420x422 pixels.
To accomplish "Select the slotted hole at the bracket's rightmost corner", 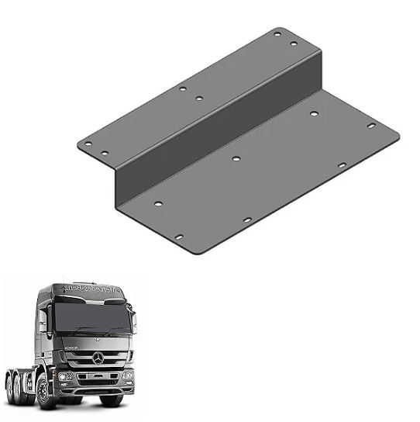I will [371, 125].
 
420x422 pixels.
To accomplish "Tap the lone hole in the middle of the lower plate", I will [236, 158].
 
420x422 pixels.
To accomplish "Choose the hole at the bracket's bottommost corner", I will [178, 237].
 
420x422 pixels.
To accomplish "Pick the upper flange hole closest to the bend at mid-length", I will [199, 99].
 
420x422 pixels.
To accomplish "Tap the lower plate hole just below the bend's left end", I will [158, 204].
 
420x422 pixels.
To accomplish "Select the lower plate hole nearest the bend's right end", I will [315, 114].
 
